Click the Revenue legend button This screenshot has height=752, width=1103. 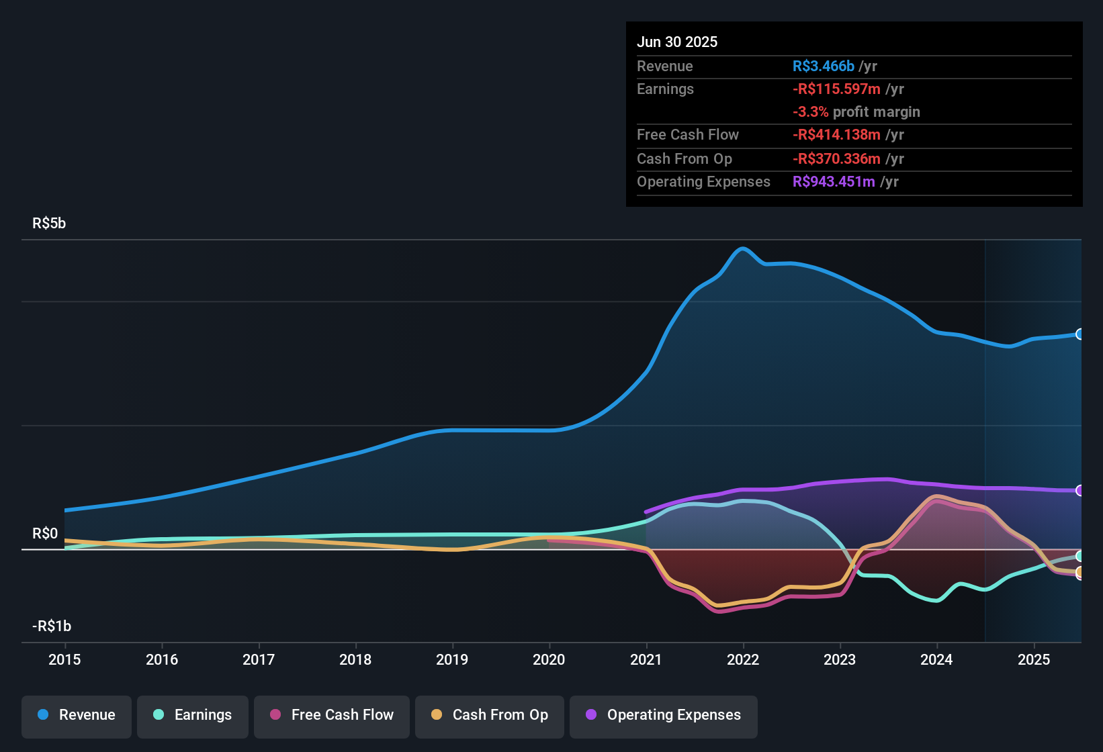[77, 715]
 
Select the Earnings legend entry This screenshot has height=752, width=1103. [193, 715]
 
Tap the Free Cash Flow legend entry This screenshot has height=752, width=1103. [332, 715]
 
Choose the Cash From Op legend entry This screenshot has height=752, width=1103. [490, 715]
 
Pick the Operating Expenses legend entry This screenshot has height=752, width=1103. [664, 715]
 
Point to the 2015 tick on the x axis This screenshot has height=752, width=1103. [64, 659]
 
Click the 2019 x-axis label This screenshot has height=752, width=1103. [452, 659]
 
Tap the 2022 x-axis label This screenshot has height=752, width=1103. [743, 659]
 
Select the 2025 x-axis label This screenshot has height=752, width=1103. [1034, 659]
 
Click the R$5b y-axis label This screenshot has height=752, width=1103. [49, 224]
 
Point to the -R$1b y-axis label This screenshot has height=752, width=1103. [52, 626]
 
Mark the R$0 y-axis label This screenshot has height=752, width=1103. [45, 534]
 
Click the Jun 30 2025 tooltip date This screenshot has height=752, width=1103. [677, 42]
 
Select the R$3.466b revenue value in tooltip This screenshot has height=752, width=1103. [824, 66]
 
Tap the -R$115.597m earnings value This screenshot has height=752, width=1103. [836, 89]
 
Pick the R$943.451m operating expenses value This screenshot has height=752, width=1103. [834, 181]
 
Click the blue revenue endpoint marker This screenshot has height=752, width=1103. [1079, 334]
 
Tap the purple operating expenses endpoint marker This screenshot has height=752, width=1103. [1079, 490]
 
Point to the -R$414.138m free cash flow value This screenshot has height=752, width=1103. [836, 134]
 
